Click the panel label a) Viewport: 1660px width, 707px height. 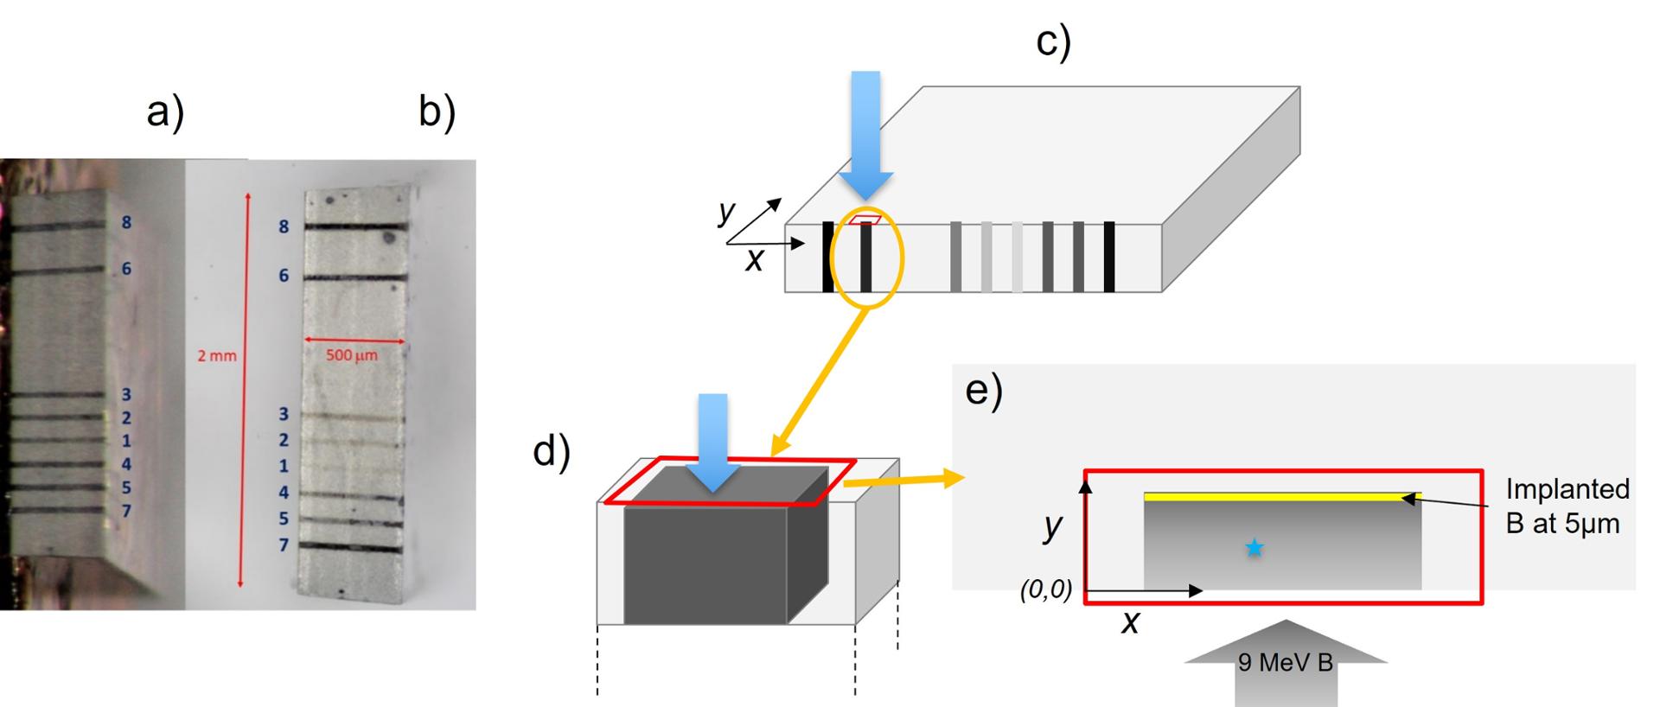(165, 112)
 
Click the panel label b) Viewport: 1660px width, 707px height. (437, 112)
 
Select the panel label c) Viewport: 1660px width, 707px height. (1053, 41)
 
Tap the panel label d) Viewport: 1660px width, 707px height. (552, 451)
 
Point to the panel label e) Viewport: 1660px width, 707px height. (984, 391)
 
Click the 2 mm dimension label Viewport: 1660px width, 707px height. (216, 355)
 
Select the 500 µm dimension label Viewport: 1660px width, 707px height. (352, 355)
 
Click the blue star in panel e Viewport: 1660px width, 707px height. (1254, 547)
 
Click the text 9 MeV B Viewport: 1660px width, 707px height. (1285, 663)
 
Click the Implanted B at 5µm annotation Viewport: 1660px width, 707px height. (1566, 506)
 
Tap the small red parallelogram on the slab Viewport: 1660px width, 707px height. (864, 220)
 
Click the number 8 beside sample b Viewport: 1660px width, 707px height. (284, 226)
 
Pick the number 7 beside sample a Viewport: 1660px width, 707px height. (126, 511)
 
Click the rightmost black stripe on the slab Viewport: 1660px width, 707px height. (1109, 257)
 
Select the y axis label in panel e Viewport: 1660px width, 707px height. (1052, 525)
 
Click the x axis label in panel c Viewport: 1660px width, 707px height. (754, 260)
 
